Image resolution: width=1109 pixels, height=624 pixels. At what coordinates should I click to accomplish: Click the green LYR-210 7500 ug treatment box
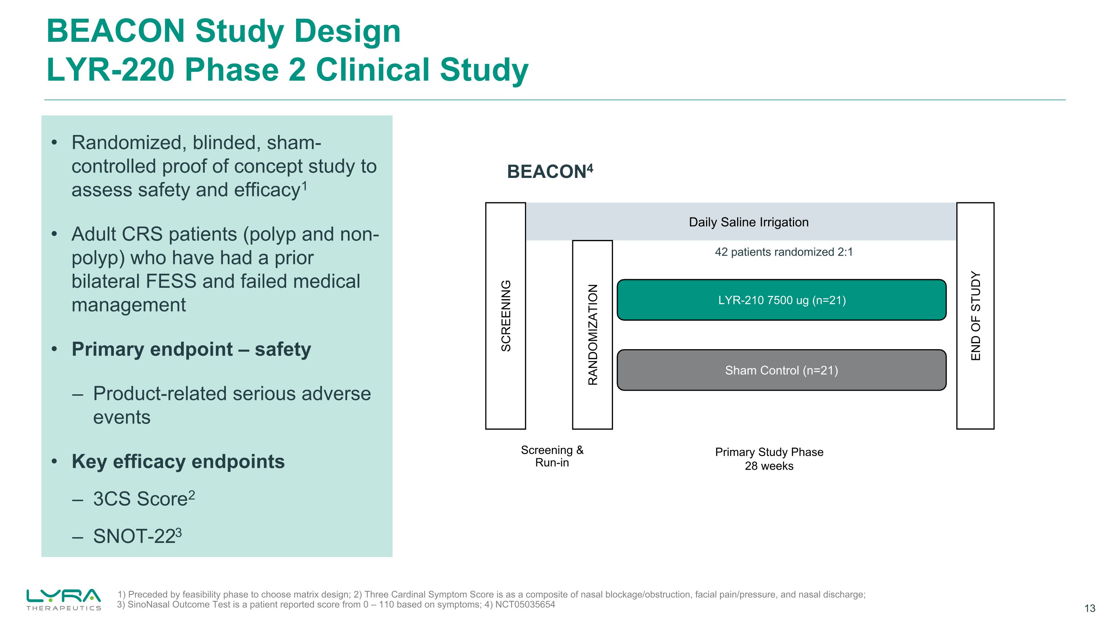point(781,300)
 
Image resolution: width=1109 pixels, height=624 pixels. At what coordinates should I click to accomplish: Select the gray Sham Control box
point(781,370)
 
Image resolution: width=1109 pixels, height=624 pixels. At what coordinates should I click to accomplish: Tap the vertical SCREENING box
point(505,316)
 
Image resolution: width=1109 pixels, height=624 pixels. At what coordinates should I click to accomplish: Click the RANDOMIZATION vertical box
point(592,335)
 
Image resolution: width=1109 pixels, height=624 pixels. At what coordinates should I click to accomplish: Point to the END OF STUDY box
point(975,316)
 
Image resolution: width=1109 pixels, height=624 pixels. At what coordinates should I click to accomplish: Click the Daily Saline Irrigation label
point(749,222)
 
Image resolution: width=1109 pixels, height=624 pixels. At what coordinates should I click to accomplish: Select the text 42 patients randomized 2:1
point(784,252)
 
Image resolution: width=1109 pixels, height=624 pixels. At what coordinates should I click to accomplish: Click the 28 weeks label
point(769,466)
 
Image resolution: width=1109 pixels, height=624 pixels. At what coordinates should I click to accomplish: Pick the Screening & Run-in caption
point(552,456)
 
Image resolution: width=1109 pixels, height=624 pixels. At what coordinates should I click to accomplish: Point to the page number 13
point(1090,608)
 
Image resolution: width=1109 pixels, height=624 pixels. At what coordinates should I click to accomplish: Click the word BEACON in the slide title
point(115,31)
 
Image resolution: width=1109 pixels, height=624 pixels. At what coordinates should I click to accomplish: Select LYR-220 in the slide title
point(110,70)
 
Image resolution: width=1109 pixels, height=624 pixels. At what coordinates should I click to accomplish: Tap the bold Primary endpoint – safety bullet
point(191,349)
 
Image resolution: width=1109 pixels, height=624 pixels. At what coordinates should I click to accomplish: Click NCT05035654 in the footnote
point(525,605)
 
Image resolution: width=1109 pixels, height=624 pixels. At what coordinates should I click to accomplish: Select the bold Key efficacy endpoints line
point(178,462)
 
